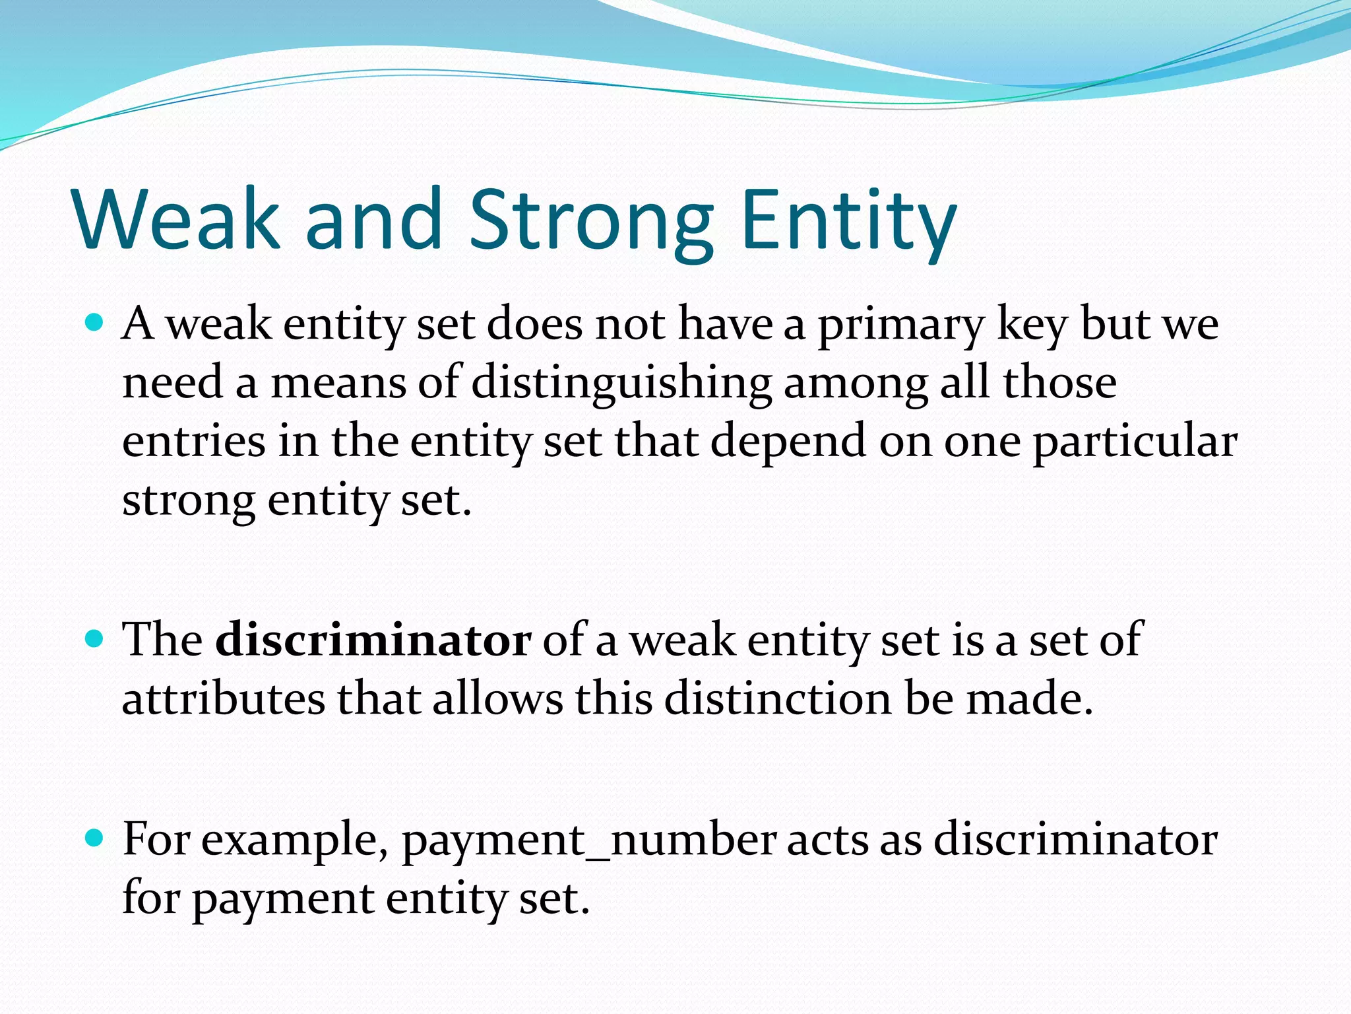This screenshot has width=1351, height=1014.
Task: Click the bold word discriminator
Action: (373, 640)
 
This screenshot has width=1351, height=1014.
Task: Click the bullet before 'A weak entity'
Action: (95, 323)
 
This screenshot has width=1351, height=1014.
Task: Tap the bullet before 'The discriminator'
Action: (95, 638)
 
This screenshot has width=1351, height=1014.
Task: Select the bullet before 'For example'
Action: (95, 838)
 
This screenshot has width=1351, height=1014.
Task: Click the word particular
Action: (1135, 442)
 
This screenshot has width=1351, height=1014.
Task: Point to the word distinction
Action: (778, 698)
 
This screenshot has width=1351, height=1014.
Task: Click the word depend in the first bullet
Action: (788, 442)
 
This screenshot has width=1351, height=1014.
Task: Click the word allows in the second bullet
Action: (497, 698)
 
